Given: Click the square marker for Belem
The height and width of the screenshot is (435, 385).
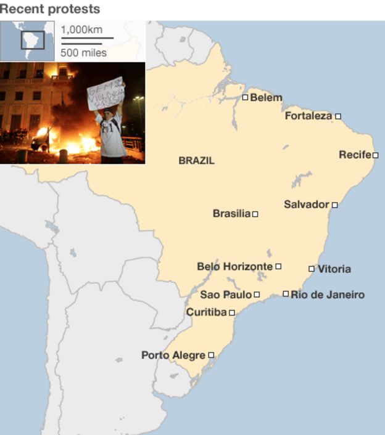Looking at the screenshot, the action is pos(245,97).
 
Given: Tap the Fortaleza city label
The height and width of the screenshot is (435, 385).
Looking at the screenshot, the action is pos(308,115).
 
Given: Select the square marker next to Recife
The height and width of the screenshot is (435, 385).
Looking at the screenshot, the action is pos(375,155).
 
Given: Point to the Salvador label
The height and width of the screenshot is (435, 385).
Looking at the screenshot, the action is pos(306,204).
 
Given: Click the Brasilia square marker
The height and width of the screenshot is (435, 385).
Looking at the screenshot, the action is pos(255,214).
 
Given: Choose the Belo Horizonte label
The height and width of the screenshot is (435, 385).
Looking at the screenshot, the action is pos(234,266).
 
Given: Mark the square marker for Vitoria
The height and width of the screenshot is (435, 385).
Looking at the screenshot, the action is pos(312,269).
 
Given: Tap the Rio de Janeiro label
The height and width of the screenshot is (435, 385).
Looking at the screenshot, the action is pos(328,295).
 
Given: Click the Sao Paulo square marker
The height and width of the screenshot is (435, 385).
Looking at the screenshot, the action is pos(257,295).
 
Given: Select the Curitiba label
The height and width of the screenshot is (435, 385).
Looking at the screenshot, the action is pos(206,312).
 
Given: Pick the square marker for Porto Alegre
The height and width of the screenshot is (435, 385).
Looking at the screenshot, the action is pos(211,355).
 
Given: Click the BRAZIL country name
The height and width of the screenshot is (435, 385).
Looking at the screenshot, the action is pos(196,161).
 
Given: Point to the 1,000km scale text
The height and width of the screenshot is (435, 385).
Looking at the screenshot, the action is pos(81,30).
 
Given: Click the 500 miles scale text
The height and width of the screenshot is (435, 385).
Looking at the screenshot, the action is pos(83,52).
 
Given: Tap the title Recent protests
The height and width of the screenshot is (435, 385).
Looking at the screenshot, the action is pos(49,9).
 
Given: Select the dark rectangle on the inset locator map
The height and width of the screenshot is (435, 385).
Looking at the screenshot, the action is pos(33,39).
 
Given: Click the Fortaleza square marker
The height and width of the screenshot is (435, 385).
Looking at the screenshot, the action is pos(338,116).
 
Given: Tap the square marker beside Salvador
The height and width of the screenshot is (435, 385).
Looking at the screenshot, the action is pos(335,205).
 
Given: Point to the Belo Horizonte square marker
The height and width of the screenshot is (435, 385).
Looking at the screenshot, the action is pos(278,266).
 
